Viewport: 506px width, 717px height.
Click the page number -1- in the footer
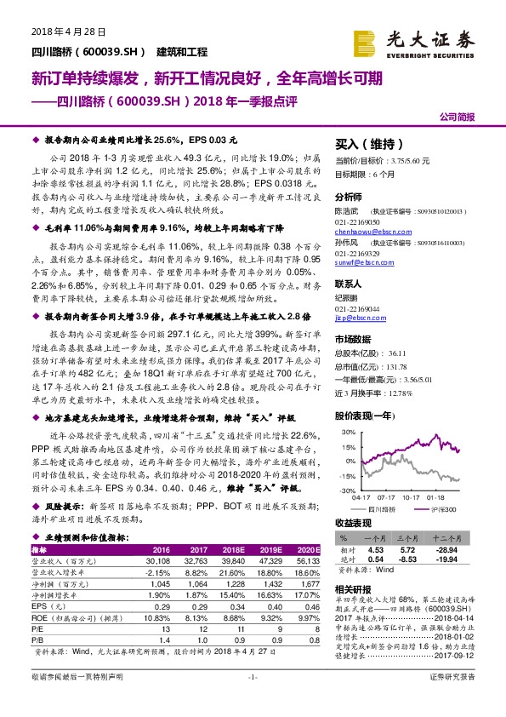click(x=252, y=701)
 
